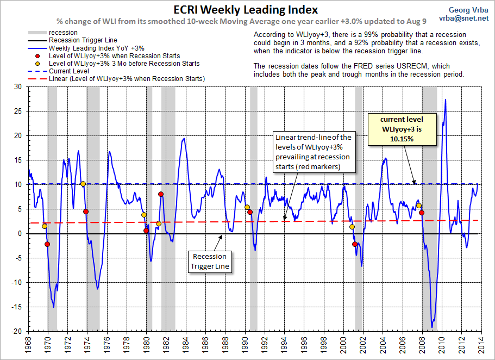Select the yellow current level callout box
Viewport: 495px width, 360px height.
pyautogui.click(x=403, y=129)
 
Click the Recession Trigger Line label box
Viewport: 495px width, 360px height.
pyautogui.click(x=210, y=262)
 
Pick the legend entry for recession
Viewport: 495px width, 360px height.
pyautogui.click(x=59, y=33)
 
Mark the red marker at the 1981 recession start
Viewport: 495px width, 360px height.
pyautogui.click(x=161, y=194)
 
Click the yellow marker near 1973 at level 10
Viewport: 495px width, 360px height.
pyautogui.click(x=83, y=184)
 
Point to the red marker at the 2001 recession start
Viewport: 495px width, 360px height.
pyautogui.click(x=355, y=244)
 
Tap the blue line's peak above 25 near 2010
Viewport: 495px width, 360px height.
pyautogui.click(x=446, y=100)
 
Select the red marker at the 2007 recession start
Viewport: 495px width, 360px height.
pyautogui.click(x=422, y=213)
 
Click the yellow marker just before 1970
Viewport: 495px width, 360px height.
pyautogui.click(x=44, y=226)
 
